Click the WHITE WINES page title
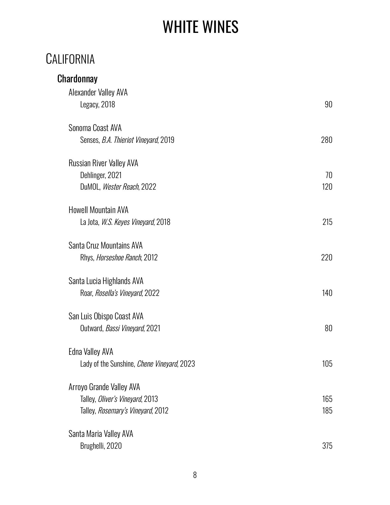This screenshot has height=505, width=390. coord(201,27)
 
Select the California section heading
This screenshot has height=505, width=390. coord(70,59)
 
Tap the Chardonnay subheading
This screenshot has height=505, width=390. coord(77,79)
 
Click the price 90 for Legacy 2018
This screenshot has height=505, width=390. coord(329,104)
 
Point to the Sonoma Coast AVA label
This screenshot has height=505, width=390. coord(95,128)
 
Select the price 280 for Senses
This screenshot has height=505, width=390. coord(327,140)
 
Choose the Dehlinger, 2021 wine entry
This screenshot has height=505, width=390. coord(101,175)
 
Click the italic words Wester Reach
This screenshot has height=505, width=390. coord(121,187)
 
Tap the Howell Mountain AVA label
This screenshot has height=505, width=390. coord(99,210)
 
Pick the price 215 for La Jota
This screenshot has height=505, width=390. coord(327,222)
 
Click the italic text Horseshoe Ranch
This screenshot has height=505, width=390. coord(119,257)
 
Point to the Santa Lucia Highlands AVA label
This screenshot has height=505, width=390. coord(106,281)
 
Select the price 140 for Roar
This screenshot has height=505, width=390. coord(327,293)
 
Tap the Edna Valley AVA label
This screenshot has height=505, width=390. coord(91,352)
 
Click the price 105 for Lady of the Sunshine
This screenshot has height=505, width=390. coord(327,363)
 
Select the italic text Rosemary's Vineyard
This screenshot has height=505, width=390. coord(125,411)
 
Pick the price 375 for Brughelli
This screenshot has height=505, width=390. coord(327,446)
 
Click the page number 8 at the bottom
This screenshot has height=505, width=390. coord(195,475)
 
